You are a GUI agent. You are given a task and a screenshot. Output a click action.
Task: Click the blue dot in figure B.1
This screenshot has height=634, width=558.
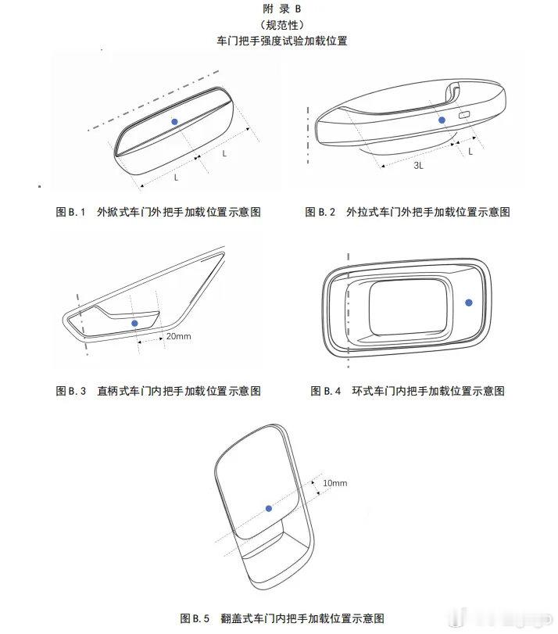(174, 121)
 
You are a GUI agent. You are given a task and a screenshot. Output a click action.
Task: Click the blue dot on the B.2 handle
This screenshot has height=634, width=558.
(442, 120)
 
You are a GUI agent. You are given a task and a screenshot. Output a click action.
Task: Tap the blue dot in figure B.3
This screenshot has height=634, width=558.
(134, 323)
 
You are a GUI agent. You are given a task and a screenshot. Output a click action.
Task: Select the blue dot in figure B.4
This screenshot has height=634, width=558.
(469, 303)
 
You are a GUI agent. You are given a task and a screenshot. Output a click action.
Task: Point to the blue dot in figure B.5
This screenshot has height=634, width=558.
(269, 508)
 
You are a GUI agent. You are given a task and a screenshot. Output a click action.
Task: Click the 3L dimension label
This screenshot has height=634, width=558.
(418, 166)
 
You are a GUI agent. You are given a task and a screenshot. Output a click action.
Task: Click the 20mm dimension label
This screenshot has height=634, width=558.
(178, 336)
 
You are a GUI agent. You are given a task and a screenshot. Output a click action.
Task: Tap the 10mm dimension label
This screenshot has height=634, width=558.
(334, 483)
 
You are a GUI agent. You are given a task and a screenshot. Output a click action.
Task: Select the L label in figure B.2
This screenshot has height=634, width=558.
(470, 152)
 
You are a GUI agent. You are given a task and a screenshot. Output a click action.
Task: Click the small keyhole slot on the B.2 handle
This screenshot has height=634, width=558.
(463, 115)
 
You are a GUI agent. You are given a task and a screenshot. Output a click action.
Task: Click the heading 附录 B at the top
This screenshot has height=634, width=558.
(282, 9)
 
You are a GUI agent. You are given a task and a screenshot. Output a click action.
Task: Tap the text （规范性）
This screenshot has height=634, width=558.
(282, 25)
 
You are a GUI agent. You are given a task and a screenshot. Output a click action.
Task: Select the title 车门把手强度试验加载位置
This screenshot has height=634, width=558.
(282, 41)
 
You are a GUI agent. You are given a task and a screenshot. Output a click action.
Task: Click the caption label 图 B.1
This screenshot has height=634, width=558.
(70, 212)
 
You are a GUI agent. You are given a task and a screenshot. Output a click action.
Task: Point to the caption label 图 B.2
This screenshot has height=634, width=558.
(320, 212)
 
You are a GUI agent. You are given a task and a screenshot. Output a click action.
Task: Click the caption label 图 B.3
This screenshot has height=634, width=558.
(71, 391)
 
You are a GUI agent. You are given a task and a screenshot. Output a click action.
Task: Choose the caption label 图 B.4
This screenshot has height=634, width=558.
(325, 391)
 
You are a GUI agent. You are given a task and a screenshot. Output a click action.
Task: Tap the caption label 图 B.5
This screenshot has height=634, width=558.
(195, 618)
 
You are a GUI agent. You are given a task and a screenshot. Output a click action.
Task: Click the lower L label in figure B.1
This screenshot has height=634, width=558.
(176, 177)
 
